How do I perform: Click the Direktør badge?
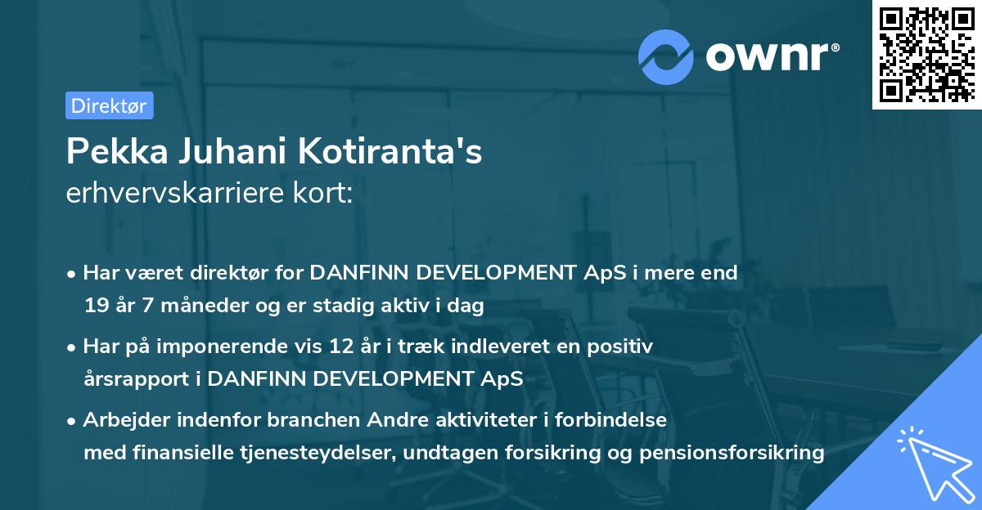tap(109, 105)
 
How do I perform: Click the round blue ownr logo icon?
tap(665, 56)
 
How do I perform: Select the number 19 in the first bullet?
tap(94, 306)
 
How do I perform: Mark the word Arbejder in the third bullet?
tap(122, 420)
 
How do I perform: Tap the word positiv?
tap(623, 347)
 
